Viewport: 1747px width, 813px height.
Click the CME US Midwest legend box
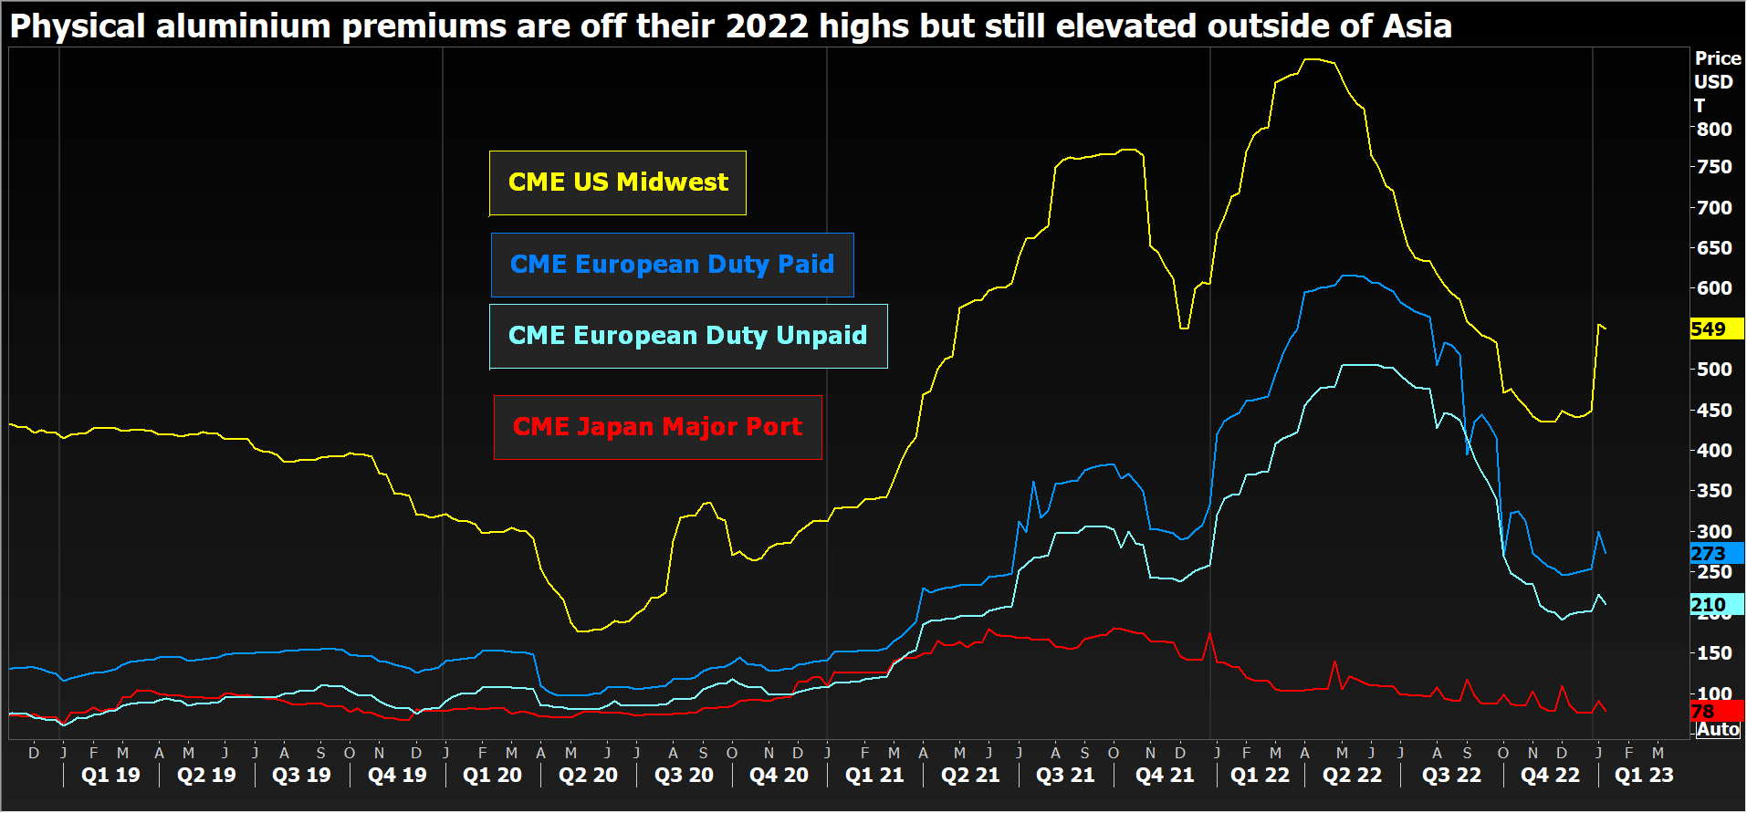tap(618, 182)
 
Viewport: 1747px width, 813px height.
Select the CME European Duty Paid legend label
tap(672, 265)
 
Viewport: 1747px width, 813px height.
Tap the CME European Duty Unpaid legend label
tap(687, 336)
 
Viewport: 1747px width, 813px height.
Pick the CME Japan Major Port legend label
tap(657, 427)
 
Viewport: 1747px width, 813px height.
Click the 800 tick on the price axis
tap(1713, 130)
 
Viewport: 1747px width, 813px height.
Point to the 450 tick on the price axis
tap(1713, 411)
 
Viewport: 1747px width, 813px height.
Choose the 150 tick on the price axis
tap(1713, 653)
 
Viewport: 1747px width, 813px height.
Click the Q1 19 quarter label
tap(110, 776)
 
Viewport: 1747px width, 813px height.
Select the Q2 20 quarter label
tap(588, 776)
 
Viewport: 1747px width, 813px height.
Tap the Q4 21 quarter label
tap(1164, 776)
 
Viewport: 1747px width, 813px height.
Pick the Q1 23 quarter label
tap(1644, 776)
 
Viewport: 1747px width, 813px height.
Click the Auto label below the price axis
tap(1718, 730)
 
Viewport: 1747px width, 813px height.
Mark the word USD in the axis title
tap(1713, 82)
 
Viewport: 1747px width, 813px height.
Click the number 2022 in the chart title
tap(767, 26)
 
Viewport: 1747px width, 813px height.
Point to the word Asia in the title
tap(1417, 26)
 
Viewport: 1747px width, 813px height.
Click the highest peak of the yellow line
tap(1311, 59)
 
